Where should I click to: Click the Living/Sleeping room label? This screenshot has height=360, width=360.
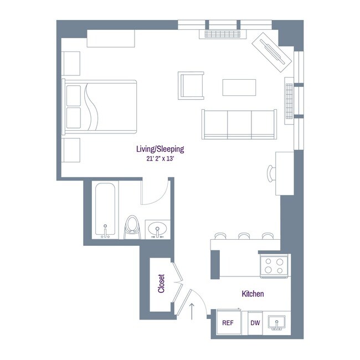coord(160,149)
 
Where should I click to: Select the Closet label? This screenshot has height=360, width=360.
coord(161,285)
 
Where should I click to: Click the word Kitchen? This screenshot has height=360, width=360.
coord(252,294)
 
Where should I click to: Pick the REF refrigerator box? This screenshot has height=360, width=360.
coord(227,323)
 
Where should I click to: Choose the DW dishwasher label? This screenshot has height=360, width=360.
coord(255,323)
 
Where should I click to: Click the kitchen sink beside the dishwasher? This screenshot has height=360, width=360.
coord(275,322)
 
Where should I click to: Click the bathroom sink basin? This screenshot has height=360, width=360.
coord(158,228)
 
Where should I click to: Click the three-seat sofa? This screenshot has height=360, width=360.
coord(239,124)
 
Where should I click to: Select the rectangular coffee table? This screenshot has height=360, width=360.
coord(239,88)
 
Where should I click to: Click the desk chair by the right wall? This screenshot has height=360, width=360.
coord(270,173)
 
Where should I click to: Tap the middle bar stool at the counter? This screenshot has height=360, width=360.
coord(244,236)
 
